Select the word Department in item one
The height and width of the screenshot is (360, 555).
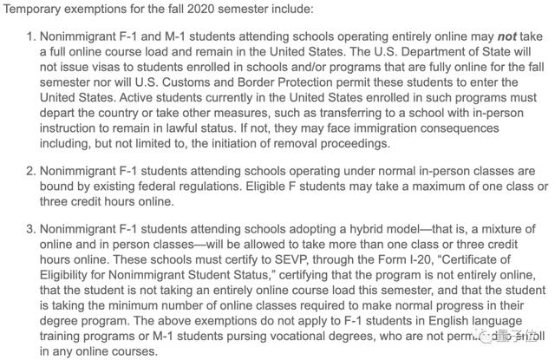click(411, 56)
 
